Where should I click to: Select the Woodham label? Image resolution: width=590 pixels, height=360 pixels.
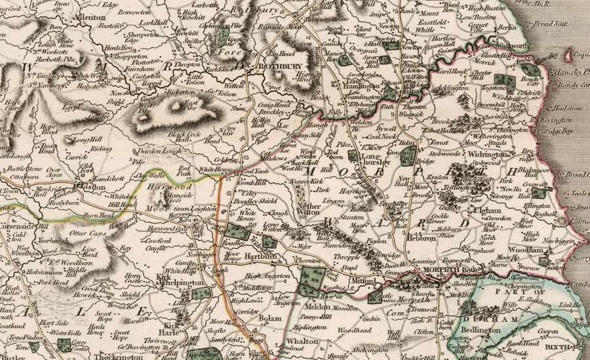pyautogui.click(x=526, y=250)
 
